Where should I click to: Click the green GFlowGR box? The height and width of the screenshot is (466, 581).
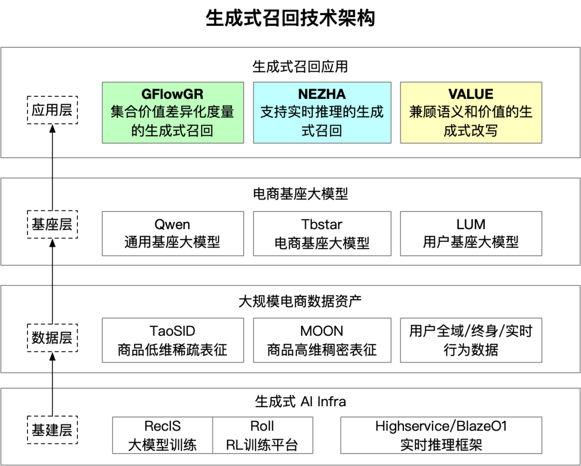[x=173, y=112]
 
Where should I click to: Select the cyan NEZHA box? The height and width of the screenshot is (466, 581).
[x=322, y=112]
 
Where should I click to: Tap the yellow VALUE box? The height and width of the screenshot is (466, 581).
[x=471, y=112]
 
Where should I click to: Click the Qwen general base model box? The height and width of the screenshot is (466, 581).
[x=173, y=234]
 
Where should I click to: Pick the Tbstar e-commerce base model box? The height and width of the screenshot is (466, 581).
[x=322, y=234]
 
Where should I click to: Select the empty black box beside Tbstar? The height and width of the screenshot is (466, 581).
[x=471, y=234]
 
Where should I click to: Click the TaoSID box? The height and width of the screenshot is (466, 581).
[x=173, y=340]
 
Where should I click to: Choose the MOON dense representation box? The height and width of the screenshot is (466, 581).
[x=322, y=340]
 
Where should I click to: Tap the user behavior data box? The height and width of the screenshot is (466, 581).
[x=471, y=340]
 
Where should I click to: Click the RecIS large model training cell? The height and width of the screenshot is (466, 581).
[x=162, y=435]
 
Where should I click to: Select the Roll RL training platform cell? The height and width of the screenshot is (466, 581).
[x=263, y=435]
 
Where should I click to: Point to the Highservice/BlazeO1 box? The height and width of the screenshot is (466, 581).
[x=441, y=435]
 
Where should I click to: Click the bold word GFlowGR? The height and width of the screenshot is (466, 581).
[x=173, y=94]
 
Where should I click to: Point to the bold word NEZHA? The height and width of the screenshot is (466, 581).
[x=322, y=94]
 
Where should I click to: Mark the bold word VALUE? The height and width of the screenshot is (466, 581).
[x=471, y=94]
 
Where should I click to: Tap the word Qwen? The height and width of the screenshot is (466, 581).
[x=172, y=224]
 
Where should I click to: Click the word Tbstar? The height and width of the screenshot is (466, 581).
[x=322, y=224]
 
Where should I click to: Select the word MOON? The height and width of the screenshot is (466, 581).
[x=322, y=331]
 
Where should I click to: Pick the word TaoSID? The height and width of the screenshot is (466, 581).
[x=172, y=331]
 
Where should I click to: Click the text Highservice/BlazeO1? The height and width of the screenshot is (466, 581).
[x=441, y=426]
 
